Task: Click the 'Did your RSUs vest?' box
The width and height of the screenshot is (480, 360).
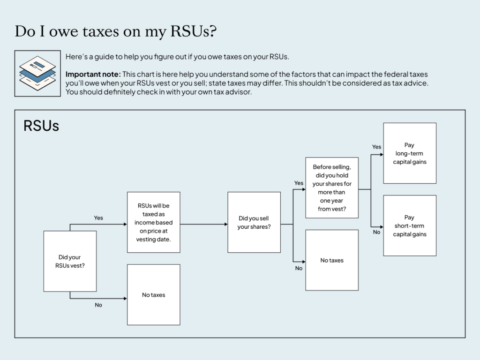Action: [70, 261]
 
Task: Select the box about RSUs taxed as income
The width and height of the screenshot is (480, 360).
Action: [153, 222]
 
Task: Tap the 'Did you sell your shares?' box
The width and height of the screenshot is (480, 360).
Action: [254, 222]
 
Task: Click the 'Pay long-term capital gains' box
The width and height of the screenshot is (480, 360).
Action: [410, 153]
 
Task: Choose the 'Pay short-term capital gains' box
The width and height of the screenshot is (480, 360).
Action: [410, 225]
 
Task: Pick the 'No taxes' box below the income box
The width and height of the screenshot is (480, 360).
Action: [153, 295]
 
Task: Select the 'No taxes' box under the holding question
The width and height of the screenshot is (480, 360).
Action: [332, 260]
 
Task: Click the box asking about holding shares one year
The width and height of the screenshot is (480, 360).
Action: [332, 187]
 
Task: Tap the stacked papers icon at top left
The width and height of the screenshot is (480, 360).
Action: [37, 73]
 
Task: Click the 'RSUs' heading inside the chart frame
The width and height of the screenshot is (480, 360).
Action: [41, 126]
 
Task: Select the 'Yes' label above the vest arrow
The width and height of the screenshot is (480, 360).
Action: [98, 218]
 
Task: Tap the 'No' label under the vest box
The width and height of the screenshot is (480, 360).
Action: [98, 305]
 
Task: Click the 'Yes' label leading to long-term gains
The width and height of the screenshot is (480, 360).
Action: [377, 147]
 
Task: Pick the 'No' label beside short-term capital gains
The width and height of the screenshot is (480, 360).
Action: [377, 232]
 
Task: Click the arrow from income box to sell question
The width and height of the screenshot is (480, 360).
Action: [203, 224]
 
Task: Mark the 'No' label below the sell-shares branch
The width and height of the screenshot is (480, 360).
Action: [299, 269]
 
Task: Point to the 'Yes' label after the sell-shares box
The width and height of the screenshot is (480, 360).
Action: [299, 183]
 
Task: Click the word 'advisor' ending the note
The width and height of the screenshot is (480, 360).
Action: [239, 92]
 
